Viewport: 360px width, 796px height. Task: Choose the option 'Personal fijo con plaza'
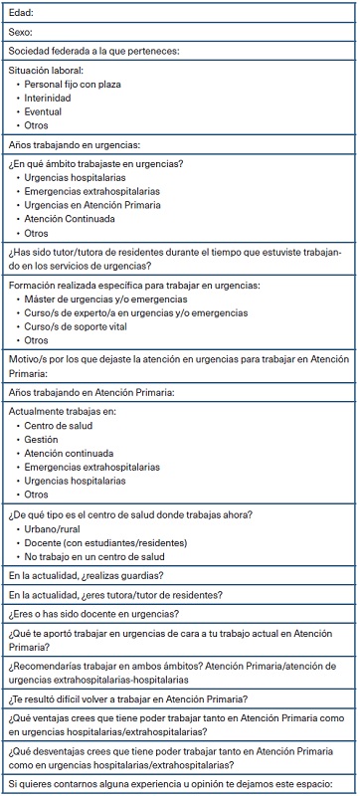72,85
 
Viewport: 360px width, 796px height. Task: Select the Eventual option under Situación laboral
46,112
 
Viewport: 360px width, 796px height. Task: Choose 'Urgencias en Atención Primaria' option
89,205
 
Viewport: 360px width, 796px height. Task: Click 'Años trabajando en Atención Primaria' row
90,393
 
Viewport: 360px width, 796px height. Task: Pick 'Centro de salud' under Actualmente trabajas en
58,426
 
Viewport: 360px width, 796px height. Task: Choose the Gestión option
42,440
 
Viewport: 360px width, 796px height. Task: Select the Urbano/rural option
56,529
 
